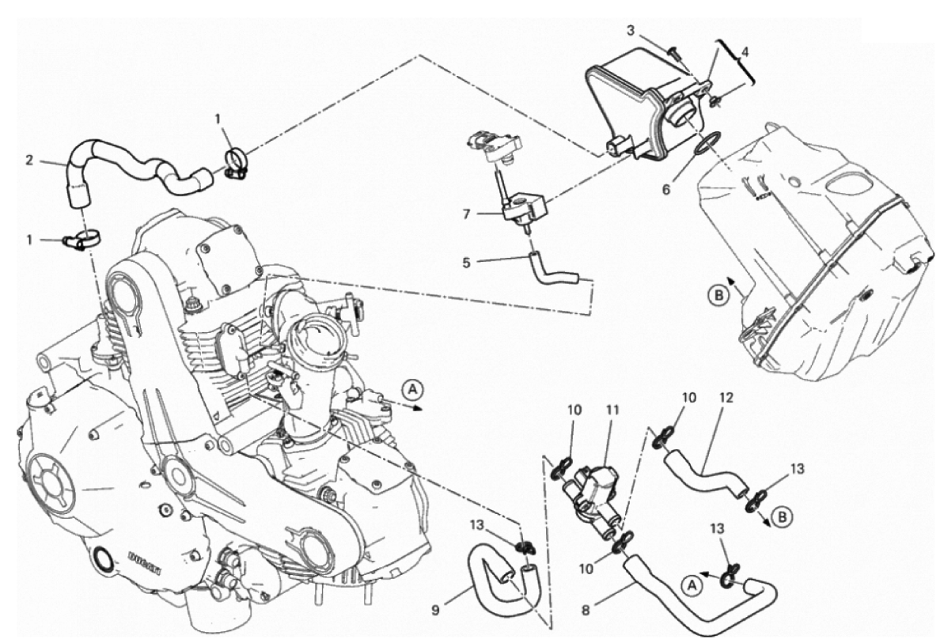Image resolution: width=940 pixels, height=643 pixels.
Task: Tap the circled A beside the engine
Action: click(411, 388)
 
